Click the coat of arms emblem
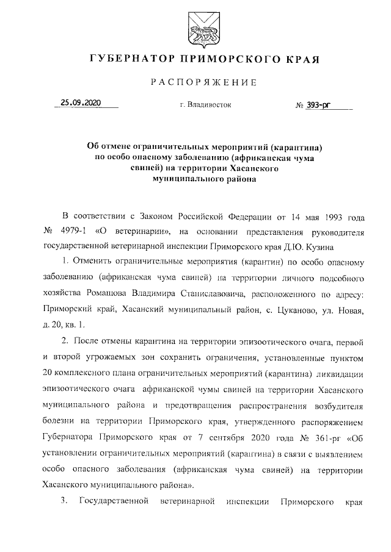tap(195, 30)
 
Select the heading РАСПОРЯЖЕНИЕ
tap(195, 82)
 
